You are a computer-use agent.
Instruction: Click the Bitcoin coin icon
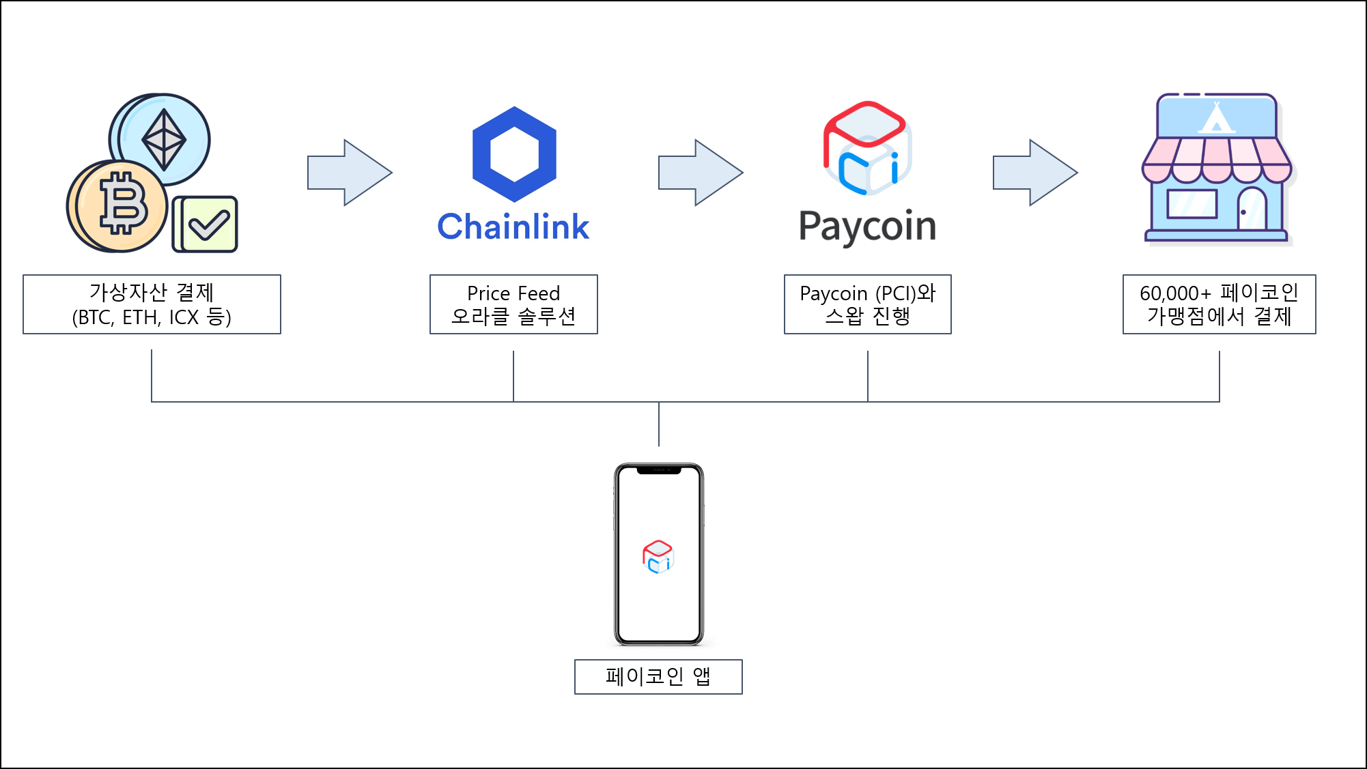point(117,206)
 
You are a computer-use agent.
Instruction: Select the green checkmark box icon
point(206,224)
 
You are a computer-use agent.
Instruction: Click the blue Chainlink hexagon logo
point(514,154)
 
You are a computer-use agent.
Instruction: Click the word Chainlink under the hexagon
point(513,227)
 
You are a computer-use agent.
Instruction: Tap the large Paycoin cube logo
point(866,149)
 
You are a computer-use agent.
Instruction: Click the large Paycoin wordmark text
point(867,227)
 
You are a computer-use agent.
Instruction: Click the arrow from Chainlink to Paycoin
point(700,173)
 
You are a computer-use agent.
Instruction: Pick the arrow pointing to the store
point(1034,173)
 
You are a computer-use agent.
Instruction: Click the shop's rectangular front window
point(1192,203)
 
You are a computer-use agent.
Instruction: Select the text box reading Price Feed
point(513,304)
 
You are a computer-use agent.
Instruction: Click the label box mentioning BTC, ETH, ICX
point(152,304)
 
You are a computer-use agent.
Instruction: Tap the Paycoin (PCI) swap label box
point(867,304)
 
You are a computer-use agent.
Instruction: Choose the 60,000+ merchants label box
point(1219,304)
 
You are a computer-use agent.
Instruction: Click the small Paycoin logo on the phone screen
point(658,557)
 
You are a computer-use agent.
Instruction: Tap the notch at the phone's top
point(658,470)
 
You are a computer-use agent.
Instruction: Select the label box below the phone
point(658,677)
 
